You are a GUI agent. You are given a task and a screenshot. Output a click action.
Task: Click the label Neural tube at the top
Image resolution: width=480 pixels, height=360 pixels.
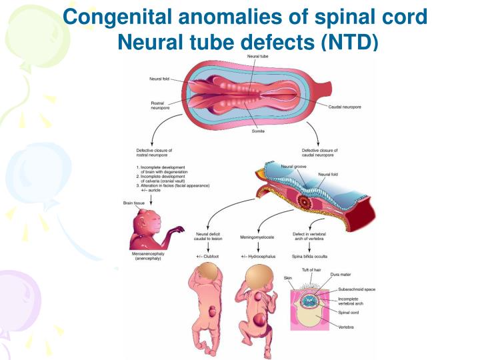tap(260, 57)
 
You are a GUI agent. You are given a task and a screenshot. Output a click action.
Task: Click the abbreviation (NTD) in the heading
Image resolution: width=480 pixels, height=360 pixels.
tap(349, 41)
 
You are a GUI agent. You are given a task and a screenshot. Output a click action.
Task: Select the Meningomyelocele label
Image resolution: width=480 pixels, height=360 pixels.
tap(257, 234)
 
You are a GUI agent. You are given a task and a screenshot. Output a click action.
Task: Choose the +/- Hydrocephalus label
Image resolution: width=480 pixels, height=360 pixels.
tap(257, 256)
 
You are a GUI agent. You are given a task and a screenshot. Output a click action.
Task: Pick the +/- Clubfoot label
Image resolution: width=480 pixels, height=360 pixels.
tap(208, 256)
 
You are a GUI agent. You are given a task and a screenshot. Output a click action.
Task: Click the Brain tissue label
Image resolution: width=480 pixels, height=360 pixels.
tap(134, 203)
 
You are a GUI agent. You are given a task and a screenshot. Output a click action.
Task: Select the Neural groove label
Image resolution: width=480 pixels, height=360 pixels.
tap(293, 166)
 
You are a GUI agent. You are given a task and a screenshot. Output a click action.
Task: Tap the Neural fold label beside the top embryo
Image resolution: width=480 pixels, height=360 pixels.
tap(162, 78)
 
